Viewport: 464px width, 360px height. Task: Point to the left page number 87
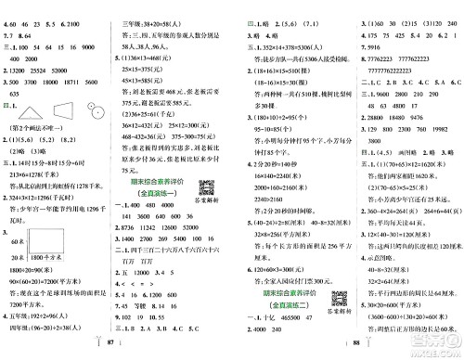click(114, 346)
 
